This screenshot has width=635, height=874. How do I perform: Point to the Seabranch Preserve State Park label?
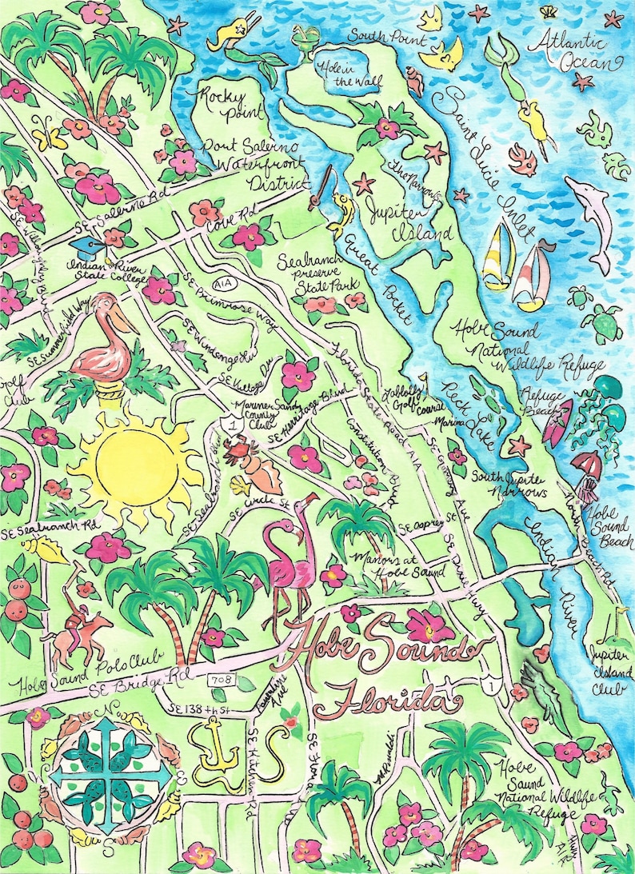[x=318, y=273]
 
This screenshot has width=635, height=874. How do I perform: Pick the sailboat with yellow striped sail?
[x=497, y=254]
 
